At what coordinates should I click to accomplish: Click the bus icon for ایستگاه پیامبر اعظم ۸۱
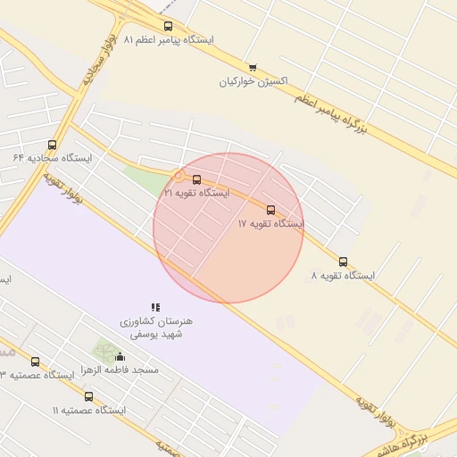click(169, 27)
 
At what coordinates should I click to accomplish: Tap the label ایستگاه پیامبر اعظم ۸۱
click(169, 40)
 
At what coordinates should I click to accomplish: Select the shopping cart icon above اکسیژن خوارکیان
click(253, 68)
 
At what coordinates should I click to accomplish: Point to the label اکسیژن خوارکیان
click(253, 81)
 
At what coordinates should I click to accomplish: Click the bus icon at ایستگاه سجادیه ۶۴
click(52, 145)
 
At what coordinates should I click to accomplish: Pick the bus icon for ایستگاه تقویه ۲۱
click(196, 179)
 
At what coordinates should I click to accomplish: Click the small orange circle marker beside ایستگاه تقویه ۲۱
click(179, 177)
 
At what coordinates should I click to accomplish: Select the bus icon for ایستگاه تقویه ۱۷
click(270, 211)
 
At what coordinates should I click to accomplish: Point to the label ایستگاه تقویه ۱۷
click(270, 224)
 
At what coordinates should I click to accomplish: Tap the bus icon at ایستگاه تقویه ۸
click(343, 262)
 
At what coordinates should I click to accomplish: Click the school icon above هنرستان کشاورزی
click(155, 307)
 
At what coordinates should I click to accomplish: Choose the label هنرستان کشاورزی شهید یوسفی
click(155, 327)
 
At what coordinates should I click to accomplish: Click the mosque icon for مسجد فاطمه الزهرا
click(120, 357)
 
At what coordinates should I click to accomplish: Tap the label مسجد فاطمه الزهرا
click(120, 370)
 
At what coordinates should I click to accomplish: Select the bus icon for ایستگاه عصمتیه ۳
click(35, 361)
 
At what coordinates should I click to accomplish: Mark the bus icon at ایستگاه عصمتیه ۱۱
click(88, 396)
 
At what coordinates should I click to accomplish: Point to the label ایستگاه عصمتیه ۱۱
click(88, 410)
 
